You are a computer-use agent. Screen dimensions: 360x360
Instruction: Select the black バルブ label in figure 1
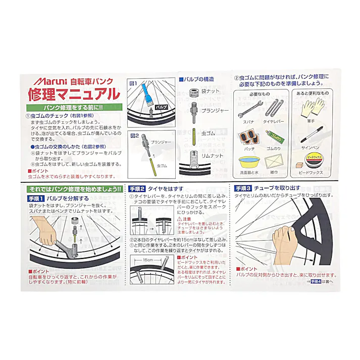pos(161,108)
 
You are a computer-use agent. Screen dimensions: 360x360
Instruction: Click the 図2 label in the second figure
pos(134,135)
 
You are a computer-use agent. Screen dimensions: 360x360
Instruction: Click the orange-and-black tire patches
pos(249,137)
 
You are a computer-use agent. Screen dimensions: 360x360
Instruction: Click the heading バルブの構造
pos(197,79)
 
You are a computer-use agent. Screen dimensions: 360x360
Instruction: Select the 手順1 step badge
pos(36,198)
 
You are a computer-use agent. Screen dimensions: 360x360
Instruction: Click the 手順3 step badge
pos(243,188)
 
